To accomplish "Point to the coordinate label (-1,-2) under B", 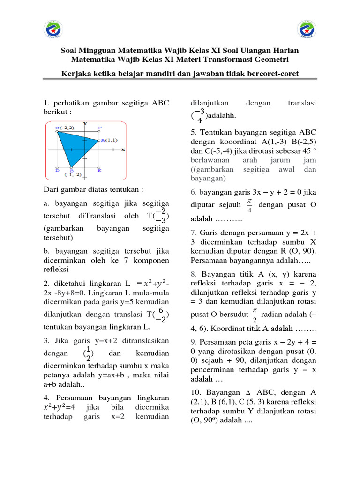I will tap(74, 175).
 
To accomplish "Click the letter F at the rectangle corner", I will tap(99, 127).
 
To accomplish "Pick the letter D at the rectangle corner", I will tap(57, 171).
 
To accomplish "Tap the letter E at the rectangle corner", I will tap(99, 171).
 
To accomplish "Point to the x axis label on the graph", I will tap(123, 150).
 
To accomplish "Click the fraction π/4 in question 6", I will tap(249, 205).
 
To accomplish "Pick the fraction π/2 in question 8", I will tap(255, 315).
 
